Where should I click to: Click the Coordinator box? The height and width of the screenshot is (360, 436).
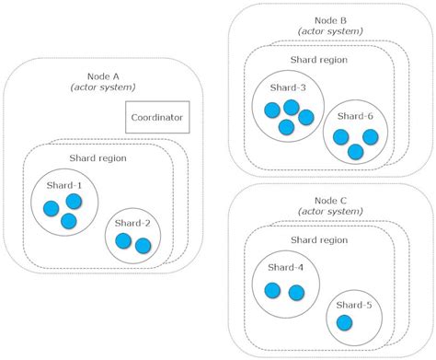click(x=157, y=118)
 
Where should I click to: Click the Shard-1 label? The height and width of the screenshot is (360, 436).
click(x=63, y=185)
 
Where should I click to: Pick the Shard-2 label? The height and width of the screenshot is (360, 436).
click(x=134, y=224)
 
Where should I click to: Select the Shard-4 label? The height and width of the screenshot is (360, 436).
click(x=285, y=268)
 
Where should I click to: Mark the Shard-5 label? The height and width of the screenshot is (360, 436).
click(x=353, y=306)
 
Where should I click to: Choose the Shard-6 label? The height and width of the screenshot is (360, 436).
click(x=353, y=116)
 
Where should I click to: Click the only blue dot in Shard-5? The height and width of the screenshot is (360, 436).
click(x=344, y=324)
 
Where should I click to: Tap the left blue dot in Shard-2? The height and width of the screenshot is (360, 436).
click(x=123, y=242)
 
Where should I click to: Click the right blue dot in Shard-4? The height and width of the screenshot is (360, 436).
click(x=296, y=292)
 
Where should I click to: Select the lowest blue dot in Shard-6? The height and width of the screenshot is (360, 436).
click(x=355, y=150)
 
